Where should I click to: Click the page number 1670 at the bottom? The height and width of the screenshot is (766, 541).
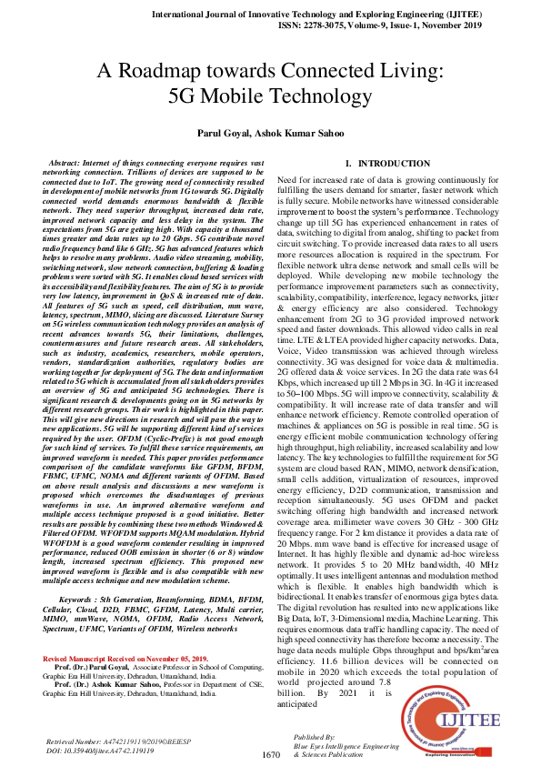[x=270, y=754]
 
